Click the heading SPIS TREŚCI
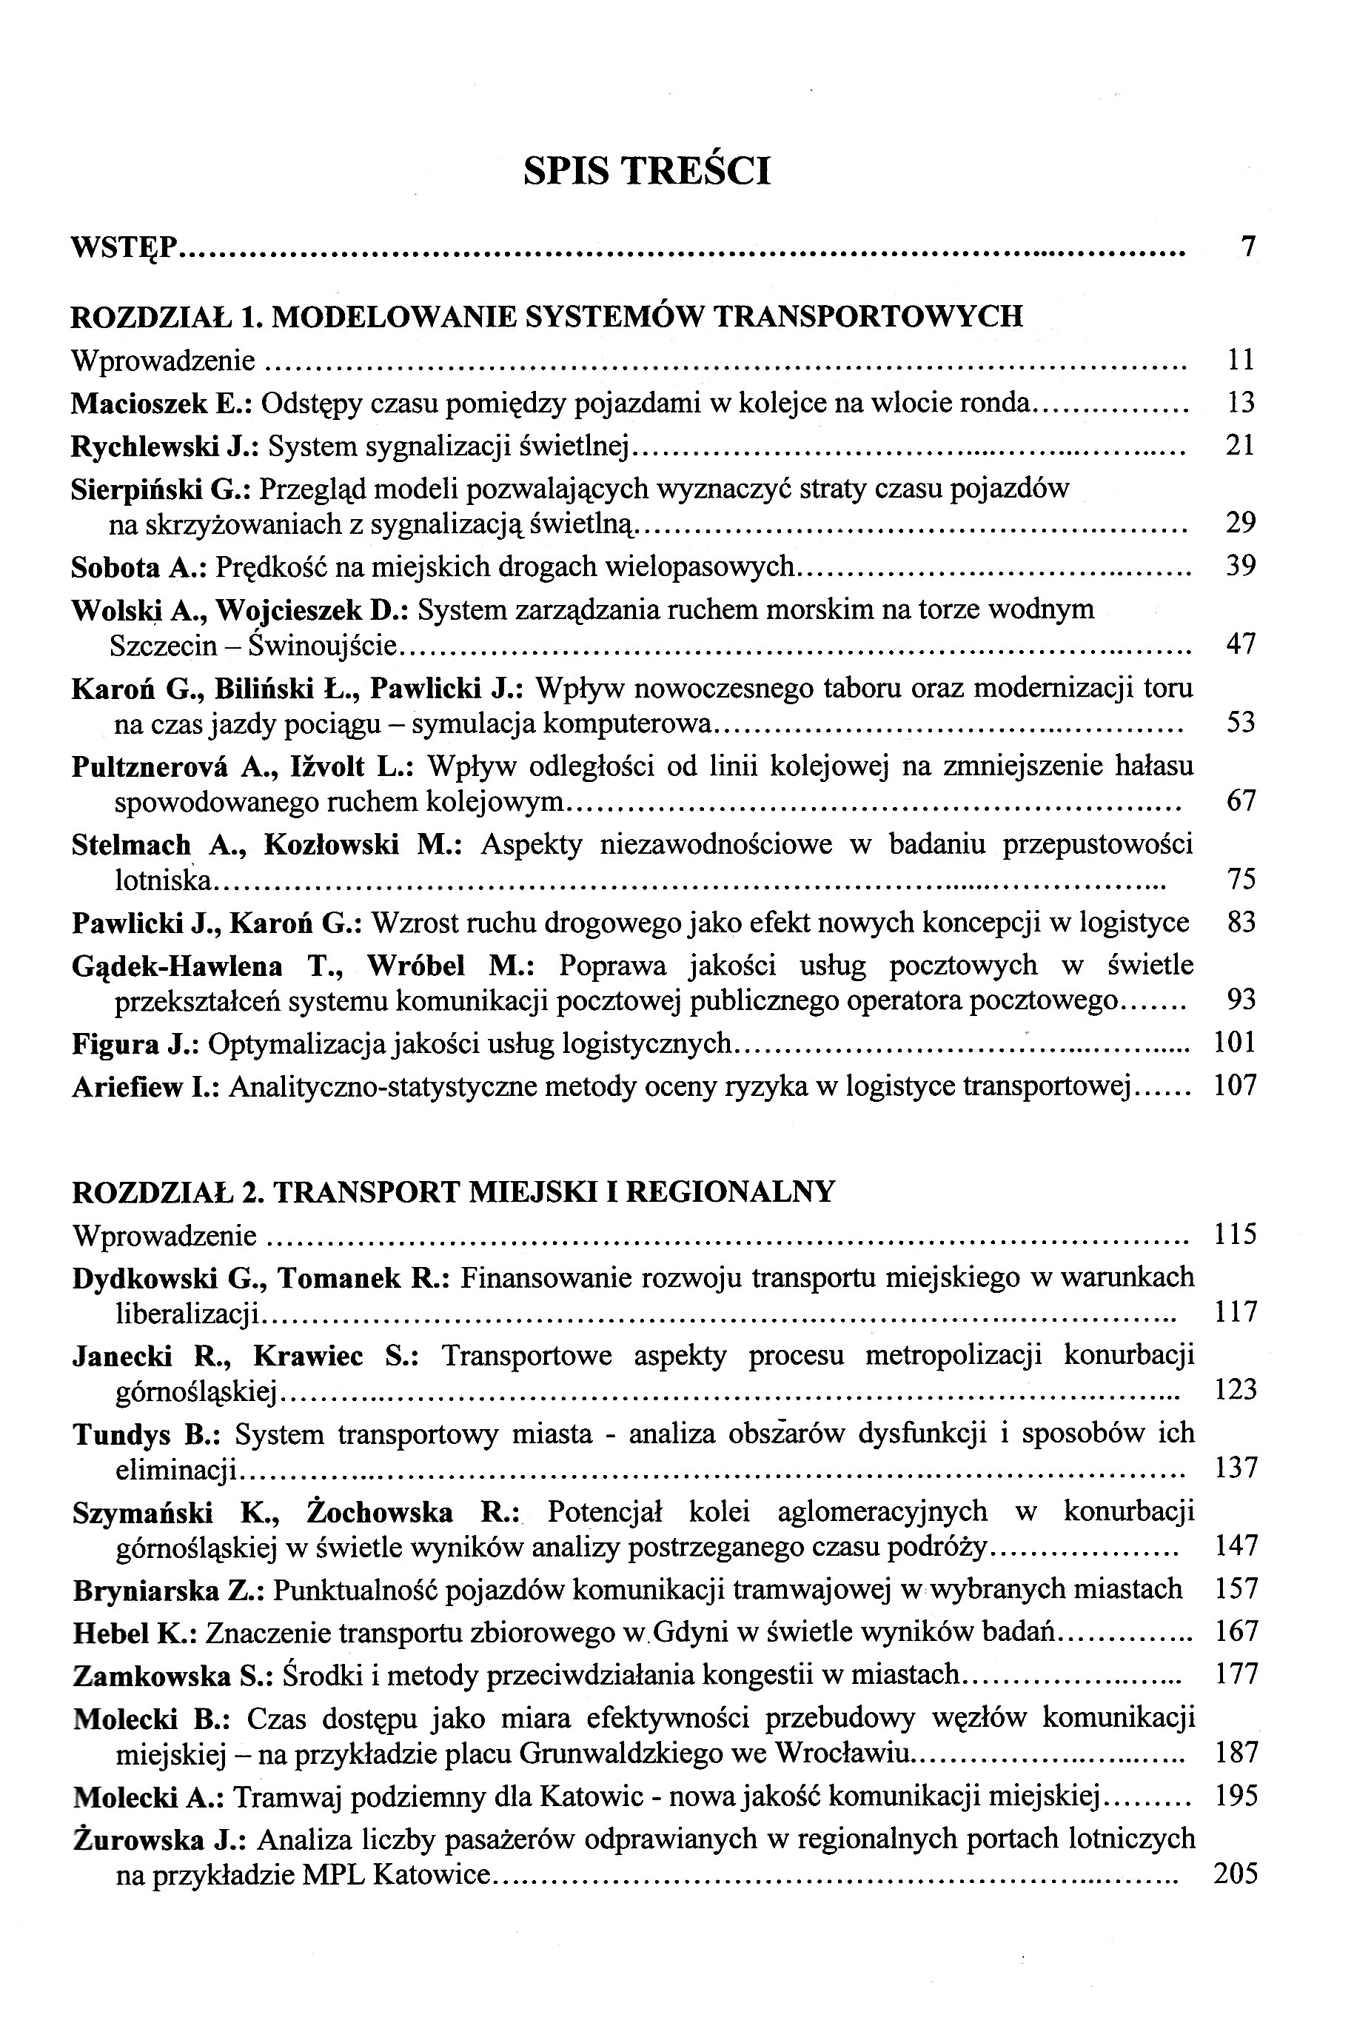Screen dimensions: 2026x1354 (x=647, y=170)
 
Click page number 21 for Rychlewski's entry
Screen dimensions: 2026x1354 (x=1240, y=446)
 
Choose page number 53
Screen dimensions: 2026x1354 (x=1240, y=722)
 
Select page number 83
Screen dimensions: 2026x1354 (x=1240, y=923)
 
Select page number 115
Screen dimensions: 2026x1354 (x=1235, y=1235)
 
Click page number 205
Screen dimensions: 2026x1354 (x=1235, y=1875)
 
